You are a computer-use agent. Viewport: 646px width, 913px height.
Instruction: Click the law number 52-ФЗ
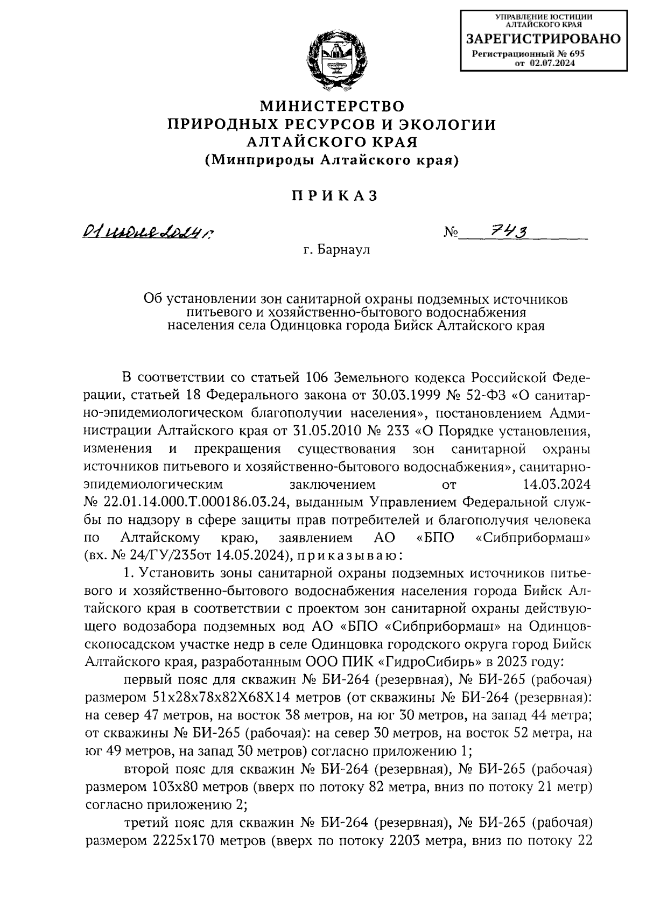pyautogui.click(x=488, y=395)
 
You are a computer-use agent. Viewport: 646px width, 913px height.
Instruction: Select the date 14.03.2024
pyautogui.click(x=557, y=484)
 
